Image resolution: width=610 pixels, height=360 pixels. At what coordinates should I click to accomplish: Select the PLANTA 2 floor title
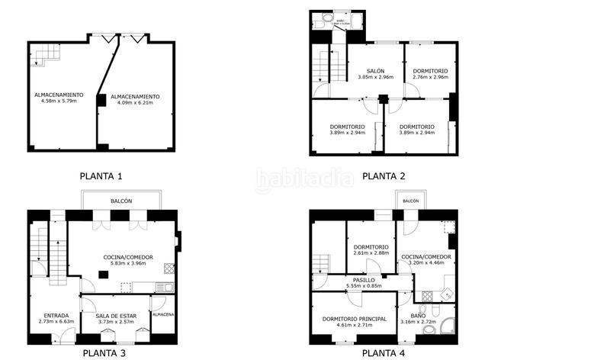click(383, 176)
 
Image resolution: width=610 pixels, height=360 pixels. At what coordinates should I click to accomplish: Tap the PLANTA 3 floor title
click(104, 352)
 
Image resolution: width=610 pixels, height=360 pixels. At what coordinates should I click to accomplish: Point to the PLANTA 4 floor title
click(383, 352)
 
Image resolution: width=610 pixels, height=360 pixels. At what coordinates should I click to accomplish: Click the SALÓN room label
click(374, 70)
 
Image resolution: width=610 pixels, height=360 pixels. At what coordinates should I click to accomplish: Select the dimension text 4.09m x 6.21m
click(135, 104)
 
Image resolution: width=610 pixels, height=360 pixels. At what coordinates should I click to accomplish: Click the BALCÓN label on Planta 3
click(120, 201)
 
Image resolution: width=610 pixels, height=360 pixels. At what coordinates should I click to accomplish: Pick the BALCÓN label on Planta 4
click(411, 201)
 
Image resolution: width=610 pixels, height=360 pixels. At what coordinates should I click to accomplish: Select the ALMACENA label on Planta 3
click(163, 314)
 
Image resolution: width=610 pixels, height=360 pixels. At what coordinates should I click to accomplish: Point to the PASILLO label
click(363, 280)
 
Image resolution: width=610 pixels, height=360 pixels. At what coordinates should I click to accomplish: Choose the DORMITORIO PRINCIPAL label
click(355, 318)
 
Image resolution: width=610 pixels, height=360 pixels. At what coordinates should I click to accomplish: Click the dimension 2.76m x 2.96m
click(430, 77)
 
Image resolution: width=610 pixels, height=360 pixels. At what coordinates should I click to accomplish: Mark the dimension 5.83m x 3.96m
click(128, 264)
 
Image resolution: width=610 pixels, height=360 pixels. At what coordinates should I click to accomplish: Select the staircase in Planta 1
click(47, 54)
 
